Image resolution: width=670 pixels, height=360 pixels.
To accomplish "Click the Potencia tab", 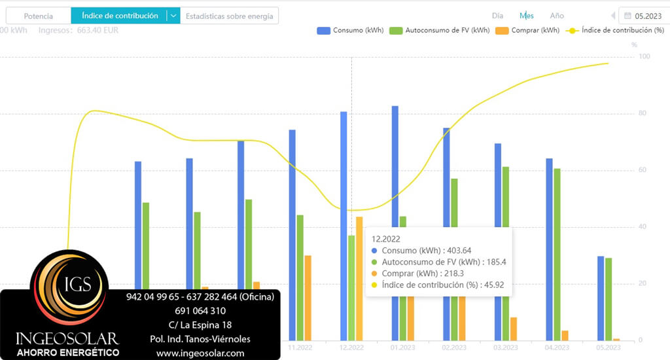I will click(x=38, y=16).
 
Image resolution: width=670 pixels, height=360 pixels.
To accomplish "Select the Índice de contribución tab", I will click(x=120, y=16).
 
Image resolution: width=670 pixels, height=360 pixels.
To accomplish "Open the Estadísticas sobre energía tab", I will click(x=229, y=16).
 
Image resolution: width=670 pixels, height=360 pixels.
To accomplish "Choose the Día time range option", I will click(x=498, y=16).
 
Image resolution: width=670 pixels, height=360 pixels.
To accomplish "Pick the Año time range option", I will click(x=557, y=16).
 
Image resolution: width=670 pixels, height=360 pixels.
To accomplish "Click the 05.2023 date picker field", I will click(x=644, y=16).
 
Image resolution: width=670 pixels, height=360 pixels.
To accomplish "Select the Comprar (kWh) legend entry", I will click(x=528, y=30).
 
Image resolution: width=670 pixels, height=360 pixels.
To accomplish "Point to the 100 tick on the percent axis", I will click(x=644, y=58).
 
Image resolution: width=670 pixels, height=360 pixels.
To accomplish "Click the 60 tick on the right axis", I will click(x=643, y=171).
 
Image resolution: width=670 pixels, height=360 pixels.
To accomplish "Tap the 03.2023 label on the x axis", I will click(x=506, y=348).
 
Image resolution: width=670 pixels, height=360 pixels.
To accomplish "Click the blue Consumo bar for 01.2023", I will click(x=395, y=164).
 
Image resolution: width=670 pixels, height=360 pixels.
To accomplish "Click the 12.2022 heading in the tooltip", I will click(x=385, y=239).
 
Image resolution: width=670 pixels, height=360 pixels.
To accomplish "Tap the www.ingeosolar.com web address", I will click(x=200, y=353).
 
